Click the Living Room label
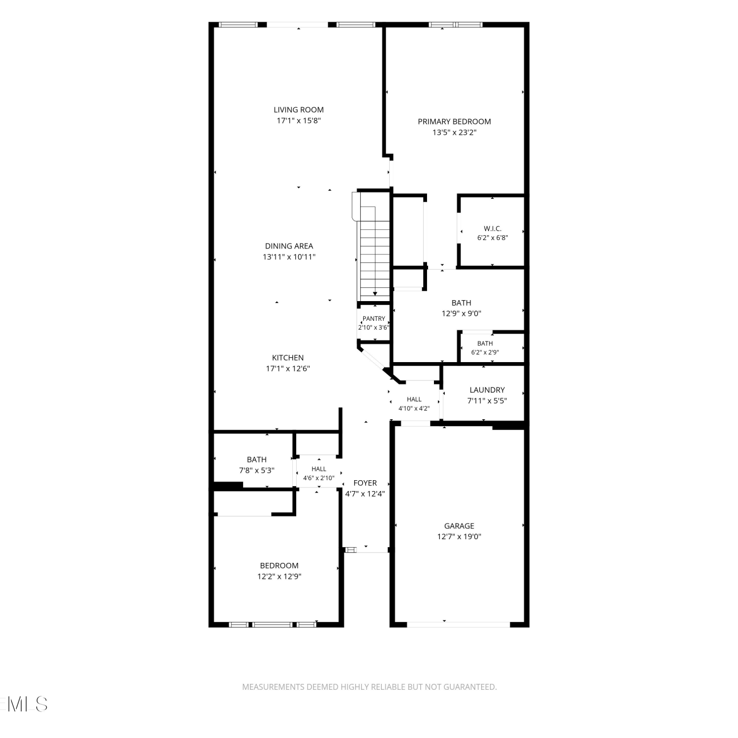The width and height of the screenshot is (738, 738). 299,110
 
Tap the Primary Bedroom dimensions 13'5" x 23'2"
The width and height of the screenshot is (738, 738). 455,132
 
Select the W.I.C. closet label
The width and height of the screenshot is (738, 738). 492,229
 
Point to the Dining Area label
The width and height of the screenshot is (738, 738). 289,246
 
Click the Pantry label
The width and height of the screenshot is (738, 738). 374,319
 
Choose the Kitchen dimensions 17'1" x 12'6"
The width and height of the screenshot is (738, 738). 288,369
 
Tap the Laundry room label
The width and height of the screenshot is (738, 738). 487,390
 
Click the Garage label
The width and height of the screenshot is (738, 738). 459,526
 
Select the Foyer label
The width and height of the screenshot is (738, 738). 365,483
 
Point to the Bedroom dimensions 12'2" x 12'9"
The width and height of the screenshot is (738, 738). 279,577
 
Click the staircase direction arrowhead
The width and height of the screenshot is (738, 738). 375,294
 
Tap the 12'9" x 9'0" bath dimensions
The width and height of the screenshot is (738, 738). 461,313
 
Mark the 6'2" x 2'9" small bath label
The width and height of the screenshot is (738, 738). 485,343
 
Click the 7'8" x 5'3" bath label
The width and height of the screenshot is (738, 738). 257,460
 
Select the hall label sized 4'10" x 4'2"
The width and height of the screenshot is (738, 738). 414,400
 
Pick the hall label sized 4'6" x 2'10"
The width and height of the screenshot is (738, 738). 319,469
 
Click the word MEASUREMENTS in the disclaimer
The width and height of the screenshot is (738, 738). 273,687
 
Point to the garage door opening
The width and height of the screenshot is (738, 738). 459,624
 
